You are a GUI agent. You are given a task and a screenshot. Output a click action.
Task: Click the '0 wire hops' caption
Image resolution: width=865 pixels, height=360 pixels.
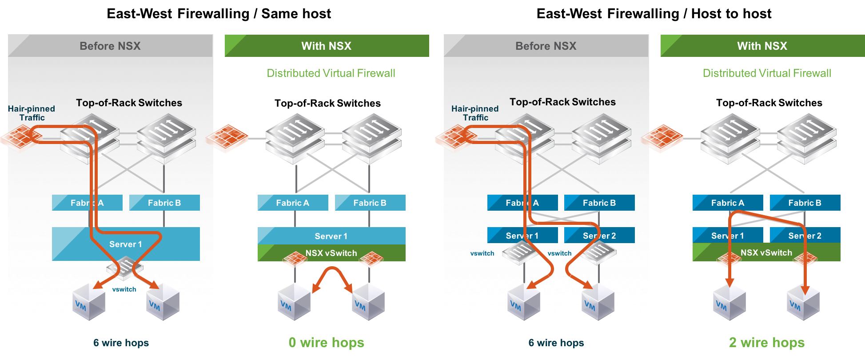click(x=326, y=343)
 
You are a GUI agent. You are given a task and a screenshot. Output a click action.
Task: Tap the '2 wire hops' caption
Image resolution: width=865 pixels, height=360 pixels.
click(x=766, y=343)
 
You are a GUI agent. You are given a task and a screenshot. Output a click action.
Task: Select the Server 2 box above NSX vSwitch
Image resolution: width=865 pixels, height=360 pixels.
click(x=805, y=236)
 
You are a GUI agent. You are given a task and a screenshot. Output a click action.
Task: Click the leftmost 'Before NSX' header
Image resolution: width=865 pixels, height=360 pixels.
click(x=110, y=46)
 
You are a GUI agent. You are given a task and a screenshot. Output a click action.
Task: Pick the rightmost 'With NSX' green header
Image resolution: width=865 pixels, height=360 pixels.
click(x=762, y=46)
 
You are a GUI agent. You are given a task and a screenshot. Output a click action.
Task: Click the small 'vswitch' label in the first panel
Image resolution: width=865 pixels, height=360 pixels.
click(x=124, y=289)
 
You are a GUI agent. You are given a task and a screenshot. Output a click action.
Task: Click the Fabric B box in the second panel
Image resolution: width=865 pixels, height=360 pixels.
click(x=370, y=203)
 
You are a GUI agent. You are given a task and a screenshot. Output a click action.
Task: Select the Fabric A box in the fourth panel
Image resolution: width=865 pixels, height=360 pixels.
click(x=727, y=203)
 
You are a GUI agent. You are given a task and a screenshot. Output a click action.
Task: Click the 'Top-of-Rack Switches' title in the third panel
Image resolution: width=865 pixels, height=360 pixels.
click(x=562, y=102)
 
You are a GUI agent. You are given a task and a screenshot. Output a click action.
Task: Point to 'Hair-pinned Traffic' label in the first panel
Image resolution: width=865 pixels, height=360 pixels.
click(x=32, y=113)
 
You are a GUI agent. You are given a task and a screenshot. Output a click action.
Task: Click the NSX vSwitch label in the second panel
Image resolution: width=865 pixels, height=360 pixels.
click(x=331, y=253)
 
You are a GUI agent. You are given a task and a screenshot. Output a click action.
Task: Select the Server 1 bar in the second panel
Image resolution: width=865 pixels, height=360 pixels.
click(x=331, y=236)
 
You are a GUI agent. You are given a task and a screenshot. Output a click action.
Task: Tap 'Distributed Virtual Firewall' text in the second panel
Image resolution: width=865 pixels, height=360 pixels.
click(x=331, y=73)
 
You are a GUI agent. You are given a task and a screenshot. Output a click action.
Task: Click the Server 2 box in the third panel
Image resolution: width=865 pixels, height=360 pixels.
click(x=599, y=236)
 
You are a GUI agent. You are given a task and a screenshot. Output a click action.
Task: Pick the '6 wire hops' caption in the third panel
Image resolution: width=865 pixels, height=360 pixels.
click(x=556, y=343)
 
